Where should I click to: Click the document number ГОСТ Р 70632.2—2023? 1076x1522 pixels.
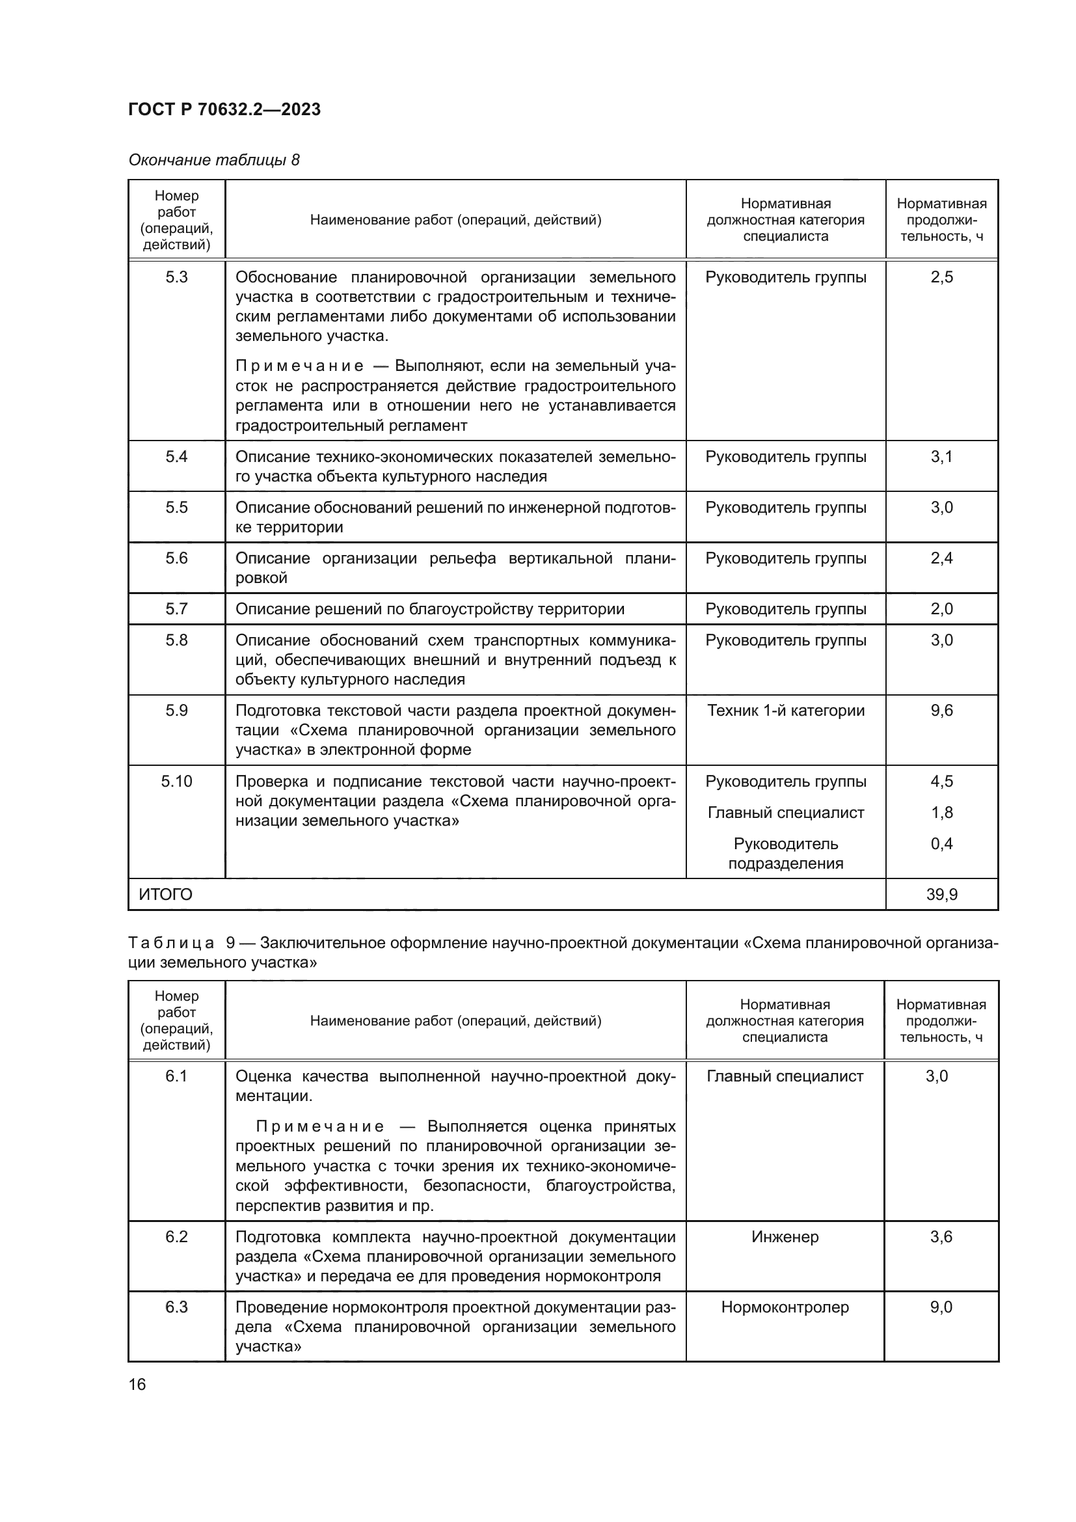(x=224, y=109)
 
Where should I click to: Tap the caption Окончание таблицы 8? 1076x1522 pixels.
(x=213, y=160)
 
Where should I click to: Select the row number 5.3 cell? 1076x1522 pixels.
(x=176, y=277)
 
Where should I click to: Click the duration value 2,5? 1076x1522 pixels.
(x=941, y=277)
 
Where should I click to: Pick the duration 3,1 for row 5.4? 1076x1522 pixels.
(x=941, y=457)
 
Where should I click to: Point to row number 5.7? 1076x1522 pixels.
(x=176, y=608)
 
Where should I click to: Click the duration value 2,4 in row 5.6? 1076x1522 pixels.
(x=941, y=558)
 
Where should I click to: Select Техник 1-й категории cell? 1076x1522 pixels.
(x=785, y=711)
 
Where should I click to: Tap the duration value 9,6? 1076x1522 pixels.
(x=941, y=711)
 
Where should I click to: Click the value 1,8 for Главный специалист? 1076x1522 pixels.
(x=941, y=813)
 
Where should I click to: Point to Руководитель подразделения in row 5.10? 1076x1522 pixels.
(x=785, y=854)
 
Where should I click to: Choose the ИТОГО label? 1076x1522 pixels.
(x=166, y=895)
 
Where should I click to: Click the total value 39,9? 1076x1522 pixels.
(x=941, y=895)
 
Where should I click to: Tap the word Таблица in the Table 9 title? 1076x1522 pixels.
(x=171, y=944)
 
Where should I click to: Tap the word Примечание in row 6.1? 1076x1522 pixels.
(x=319, y=1127)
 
